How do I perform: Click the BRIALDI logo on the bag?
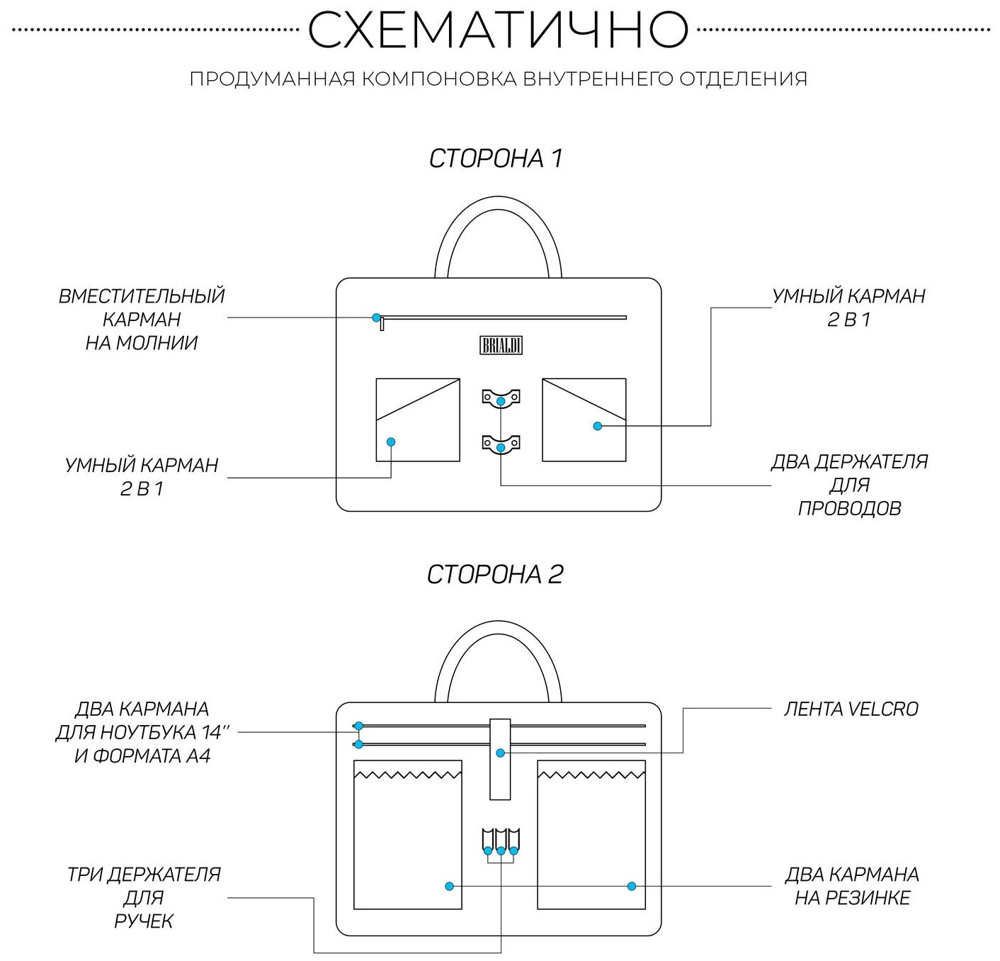(501, 345)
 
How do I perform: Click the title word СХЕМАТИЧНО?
(498, 30)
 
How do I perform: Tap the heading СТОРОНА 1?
(496, 158)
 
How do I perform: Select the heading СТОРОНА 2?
(494, 574)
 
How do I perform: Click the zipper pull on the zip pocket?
(382, 324)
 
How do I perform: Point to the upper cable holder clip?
(501, 396)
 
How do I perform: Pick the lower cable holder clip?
(501, 444)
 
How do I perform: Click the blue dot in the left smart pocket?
(390, 442)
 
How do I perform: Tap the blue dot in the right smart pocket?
(597, 426)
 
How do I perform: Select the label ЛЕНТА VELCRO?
(851, 709)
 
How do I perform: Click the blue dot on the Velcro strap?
(500, 753)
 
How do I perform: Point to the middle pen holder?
(501, 839)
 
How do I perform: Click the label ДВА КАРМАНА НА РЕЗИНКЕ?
(852, 886)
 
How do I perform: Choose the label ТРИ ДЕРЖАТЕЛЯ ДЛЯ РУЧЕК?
(144, 897)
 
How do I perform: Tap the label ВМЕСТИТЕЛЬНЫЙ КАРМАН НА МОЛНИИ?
(142, 319)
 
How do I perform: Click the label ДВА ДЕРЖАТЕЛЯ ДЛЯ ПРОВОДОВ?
(849, 485)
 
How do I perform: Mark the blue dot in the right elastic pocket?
(631, 886)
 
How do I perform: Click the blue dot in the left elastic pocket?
(449, 886)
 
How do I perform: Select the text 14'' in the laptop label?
(208, 732)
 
